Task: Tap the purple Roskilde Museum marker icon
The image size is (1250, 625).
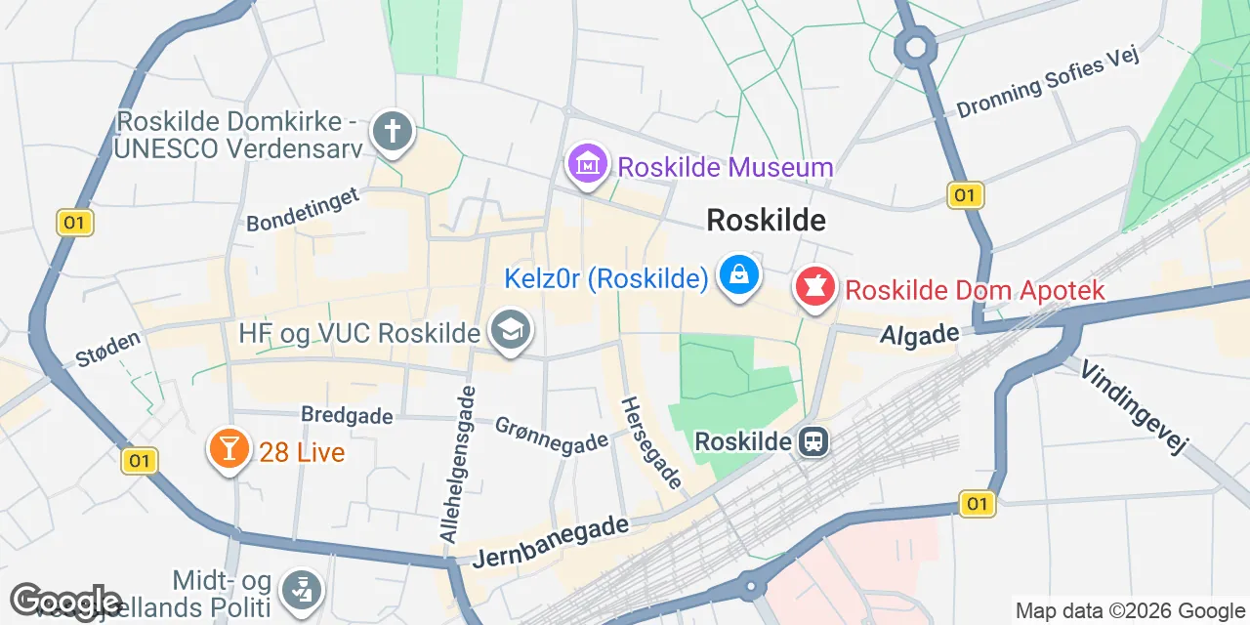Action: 588,163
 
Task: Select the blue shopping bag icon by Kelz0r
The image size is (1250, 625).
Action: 740,276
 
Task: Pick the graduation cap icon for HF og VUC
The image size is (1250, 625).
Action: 510,330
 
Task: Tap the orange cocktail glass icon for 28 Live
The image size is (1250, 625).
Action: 229,449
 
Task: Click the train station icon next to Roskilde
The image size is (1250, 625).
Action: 812,442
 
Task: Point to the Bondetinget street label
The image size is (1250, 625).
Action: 303,209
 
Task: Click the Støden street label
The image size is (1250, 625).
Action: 108,349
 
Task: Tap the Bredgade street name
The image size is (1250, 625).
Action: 347,415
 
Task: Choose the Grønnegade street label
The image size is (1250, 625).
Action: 551,435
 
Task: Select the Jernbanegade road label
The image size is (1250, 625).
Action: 551,543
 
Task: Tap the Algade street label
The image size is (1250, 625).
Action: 919,335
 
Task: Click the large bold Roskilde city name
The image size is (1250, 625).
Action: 766,221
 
